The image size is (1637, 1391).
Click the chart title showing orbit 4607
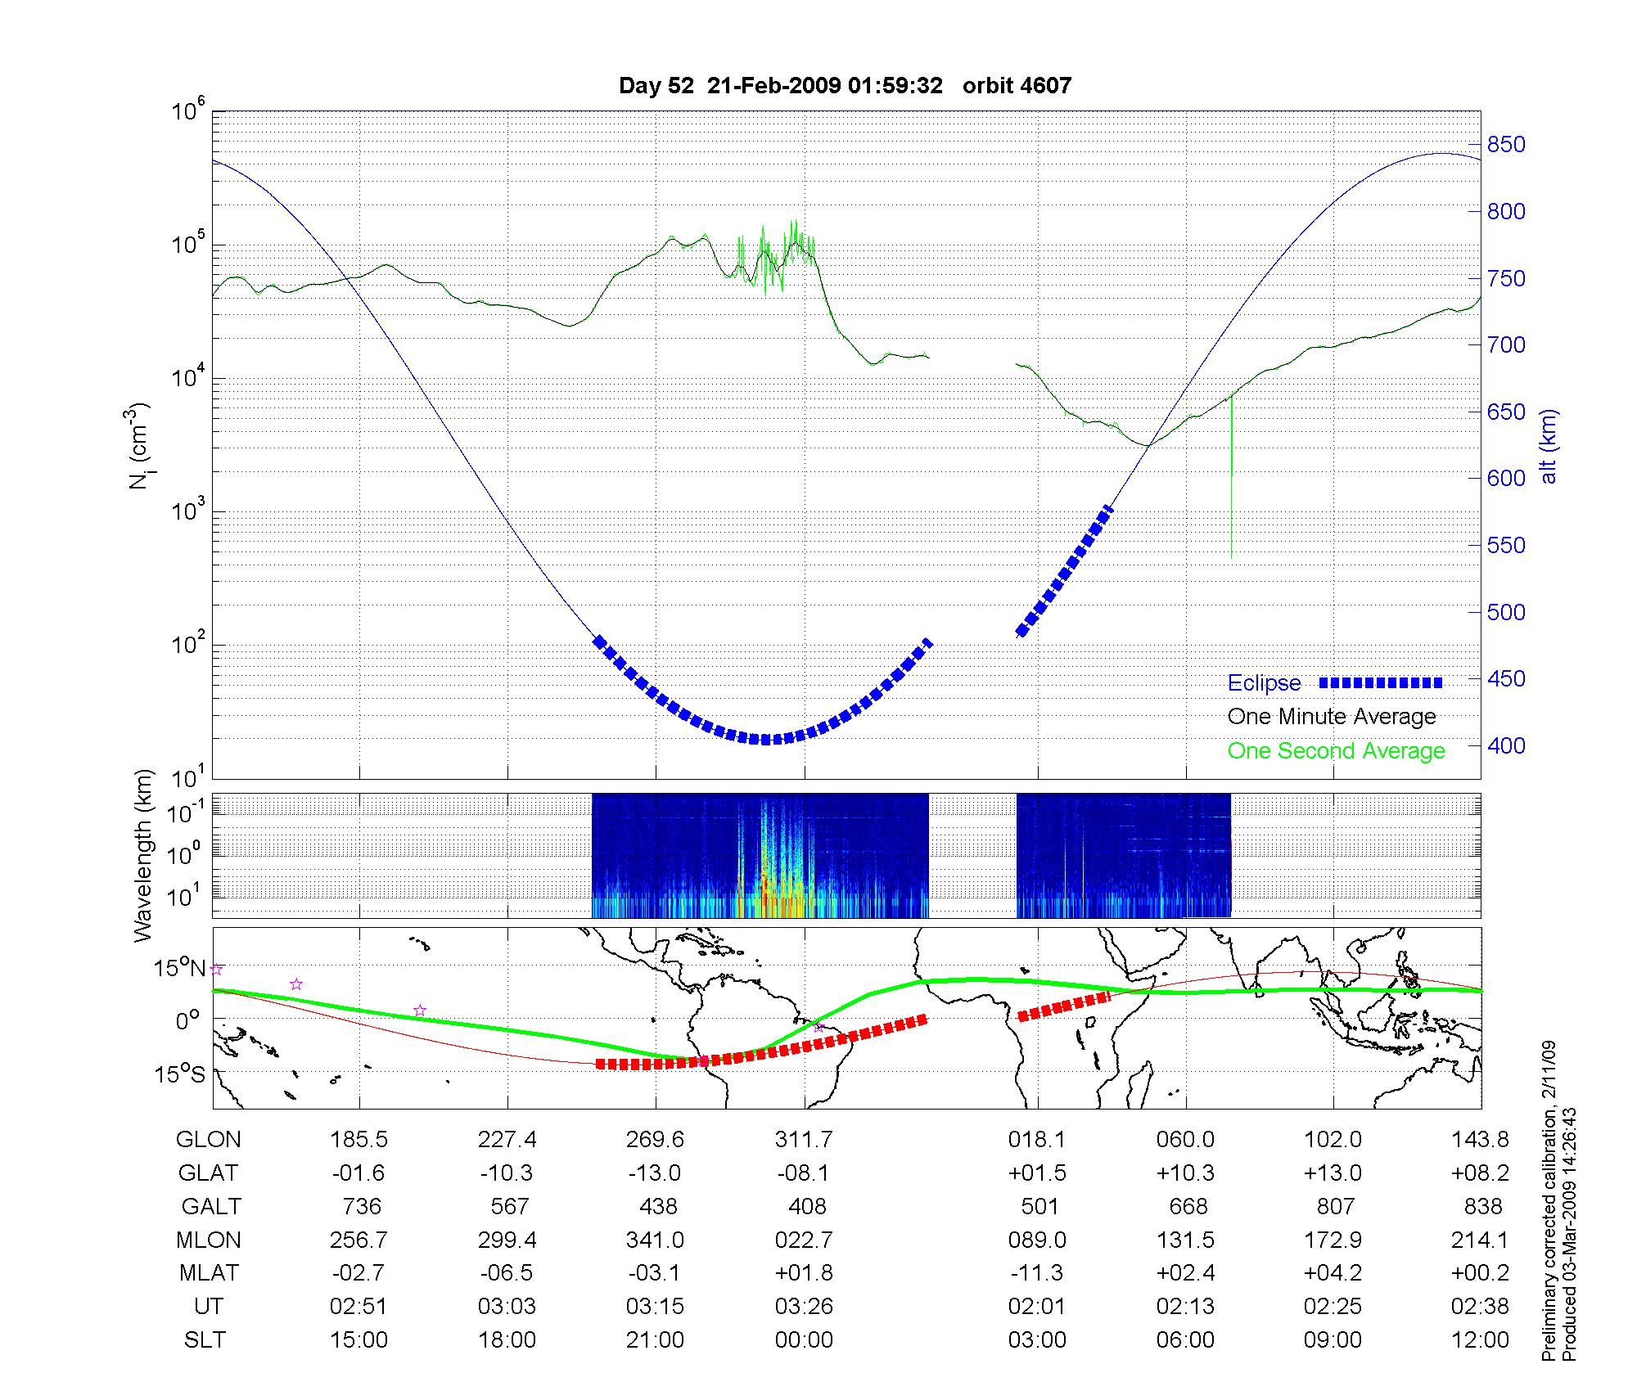[845, 86]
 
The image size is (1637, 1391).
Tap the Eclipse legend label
[1264, 683]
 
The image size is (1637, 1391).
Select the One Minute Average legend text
[1332, 717]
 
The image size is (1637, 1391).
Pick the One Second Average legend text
[1336, 751]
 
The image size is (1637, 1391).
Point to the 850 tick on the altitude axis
[1506, 145]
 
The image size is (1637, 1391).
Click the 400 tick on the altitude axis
[1506, 745]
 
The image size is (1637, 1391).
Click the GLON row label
[209, 1140]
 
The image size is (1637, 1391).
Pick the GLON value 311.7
[804, 1140]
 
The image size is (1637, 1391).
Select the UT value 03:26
[804, 1307]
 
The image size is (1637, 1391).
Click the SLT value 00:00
[804, 1340]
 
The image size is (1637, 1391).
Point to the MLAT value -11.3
[1037, 1273]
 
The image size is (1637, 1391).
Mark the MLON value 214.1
[1480, 1240]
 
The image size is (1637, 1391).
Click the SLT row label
[205, 1340]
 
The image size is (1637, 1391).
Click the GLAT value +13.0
[1333, 1173]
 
